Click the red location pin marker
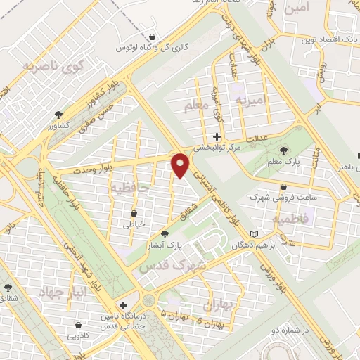point(181,165)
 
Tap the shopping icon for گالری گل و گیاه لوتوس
point(153,37)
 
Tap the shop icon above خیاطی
point(134,212)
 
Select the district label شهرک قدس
point(173,266)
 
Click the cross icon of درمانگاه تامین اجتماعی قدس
point(124,306)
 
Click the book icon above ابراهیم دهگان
point(255,233)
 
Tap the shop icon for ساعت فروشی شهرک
point(283,187)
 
